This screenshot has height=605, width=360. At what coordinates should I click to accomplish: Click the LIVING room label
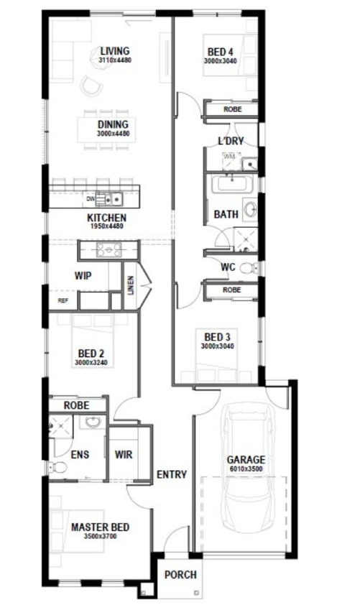click(115, 51)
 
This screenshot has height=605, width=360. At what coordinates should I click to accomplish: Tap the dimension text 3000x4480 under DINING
click(113, 134)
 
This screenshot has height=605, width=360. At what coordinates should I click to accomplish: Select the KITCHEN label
click(107, 218)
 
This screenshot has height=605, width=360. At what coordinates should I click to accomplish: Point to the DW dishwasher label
click(91, 199)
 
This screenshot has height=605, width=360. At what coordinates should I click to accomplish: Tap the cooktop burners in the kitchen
click(109, 249)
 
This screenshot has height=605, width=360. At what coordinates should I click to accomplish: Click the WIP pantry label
click(83, 276)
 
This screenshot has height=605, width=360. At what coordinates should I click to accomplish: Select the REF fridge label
click(63, 300)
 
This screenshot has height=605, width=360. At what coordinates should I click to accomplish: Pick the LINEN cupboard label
click(130, 285)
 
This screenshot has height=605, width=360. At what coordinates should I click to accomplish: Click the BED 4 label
click(221, 52)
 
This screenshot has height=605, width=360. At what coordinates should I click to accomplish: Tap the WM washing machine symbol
click(231, 161)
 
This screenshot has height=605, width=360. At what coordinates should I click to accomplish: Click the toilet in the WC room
click(248, 267)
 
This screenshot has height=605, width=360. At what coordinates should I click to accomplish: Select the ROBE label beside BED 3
click(231, 290)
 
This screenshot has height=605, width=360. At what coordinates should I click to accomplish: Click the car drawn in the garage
click(246, 468)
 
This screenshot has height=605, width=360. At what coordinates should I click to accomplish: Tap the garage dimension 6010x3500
click(246, 469)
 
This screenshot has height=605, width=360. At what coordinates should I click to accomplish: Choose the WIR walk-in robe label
click(124, 455)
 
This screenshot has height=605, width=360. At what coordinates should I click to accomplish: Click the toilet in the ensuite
click(57, 468)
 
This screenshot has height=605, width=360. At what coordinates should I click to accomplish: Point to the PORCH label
click(180, 575)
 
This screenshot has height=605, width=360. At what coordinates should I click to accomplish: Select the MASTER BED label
click(101, 527)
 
